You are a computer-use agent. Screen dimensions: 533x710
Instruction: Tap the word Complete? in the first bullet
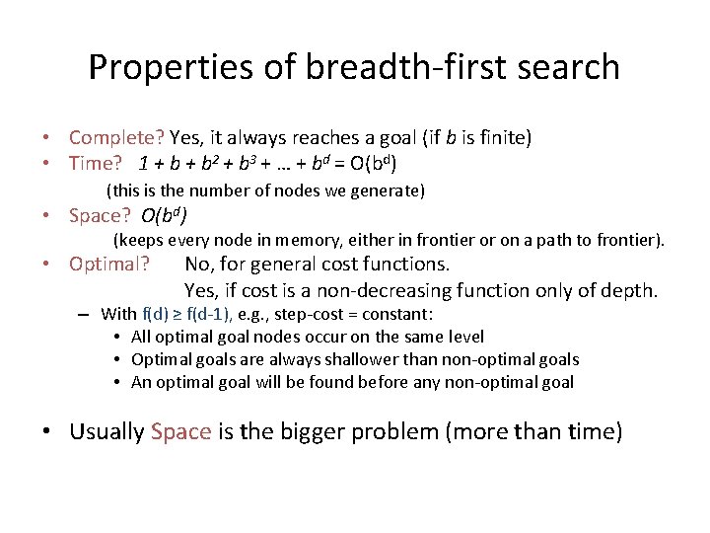(x=117, y=138)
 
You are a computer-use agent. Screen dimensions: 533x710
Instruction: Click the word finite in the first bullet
(x=503, y=138)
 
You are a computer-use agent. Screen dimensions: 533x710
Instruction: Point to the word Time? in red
(x=96, y=163)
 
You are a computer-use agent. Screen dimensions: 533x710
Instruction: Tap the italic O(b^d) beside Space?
(x=165, y=216)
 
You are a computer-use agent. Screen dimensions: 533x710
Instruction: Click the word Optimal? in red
(x=109, y=264)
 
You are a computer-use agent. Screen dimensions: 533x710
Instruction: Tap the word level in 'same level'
(x=464, y=337)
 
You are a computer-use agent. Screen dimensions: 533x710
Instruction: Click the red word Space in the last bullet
(x=181, y=431)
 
